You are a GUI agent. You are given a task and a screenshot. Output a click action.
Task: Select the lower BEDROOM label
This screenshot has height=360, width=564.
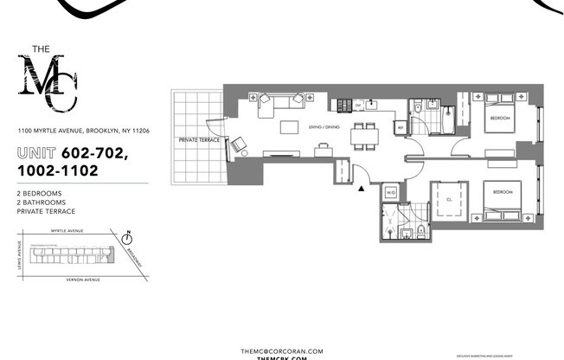504,191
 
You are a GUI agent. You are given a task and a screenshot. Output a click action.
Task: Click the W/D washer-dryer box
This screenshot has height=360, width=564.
390,192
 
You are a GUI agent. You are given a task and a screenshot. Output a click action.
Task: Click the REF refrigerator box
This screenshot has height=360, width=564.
400,128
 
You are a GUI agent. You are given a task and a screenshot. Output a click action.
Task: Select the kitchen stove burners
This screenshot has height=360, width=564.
343,106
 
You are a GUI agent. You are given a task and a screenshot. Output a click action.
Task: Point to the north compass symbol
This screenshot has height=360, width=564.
127,236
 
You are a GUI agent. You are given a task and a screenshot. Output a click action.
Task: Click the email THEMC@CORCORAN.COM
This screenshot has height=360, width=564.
281,350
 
